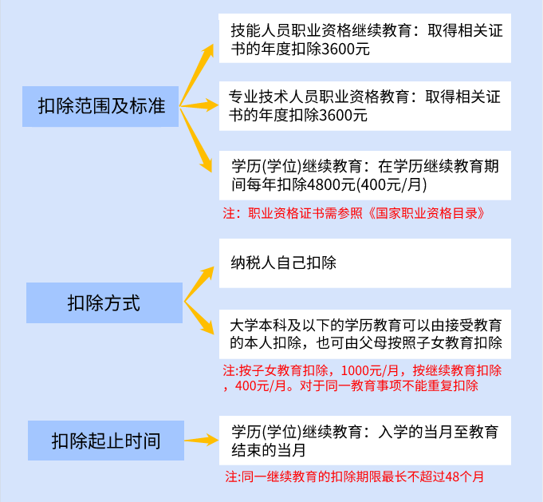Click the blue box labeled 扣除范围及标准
(x=100, y=106)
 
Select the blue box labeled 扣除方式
(x=104, y=302)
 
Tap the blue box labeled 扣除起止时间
(x=106, y=441)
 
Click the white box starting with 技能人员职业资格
(x=365, y=38)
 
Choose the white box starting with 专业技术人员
(x=365, y=106)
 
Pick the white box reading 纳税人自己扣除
(x=365, y=263)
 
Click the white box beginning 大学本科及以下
(x=365, y=334)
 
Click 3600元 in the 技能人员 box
(x=345, y=49)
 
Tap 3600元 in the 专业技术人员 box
(x=343, y=116)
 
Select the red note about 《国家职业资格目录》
(x=353, y=213)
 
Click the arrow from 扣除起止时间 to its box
(x=202, y=441)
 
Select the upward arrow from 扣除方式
(x=199, y=284)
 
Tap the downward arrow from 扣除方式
(x=199, y=318)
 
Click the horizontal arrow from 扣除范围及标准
(x=199, y=105)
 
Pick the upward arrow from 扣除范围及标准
(x=197, y=74)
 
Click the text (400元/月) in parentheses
(x=392, y=184)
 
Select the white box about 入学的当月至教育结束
(x=365, y=441)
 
